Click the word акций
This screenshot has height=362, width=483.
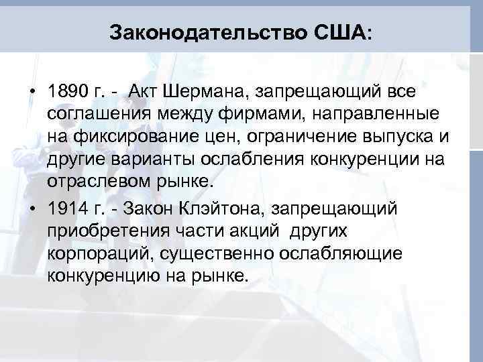coord(246,231)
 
